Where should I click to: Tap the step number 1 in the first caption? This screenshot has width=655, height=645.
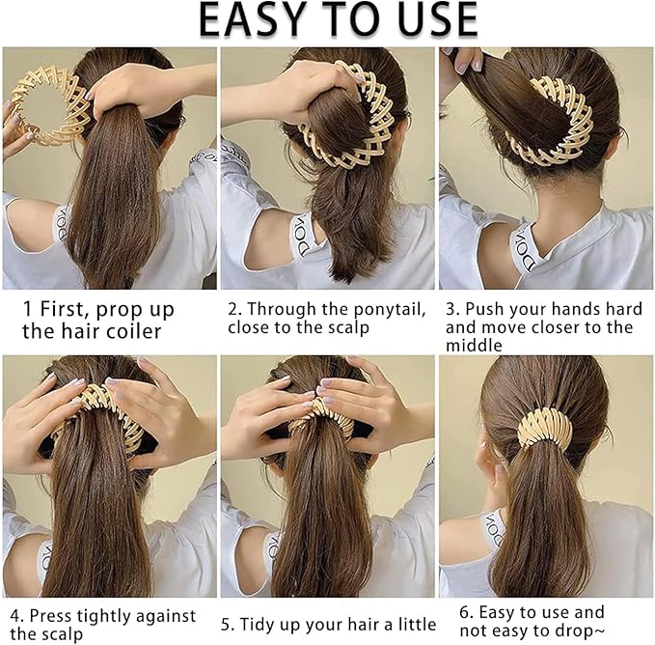[29, 310]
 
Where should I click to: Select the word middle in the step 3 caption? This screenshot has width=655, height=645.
[474, 345]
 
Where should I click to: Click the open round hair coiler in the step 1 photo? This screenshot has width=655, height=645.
[43, 106]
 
